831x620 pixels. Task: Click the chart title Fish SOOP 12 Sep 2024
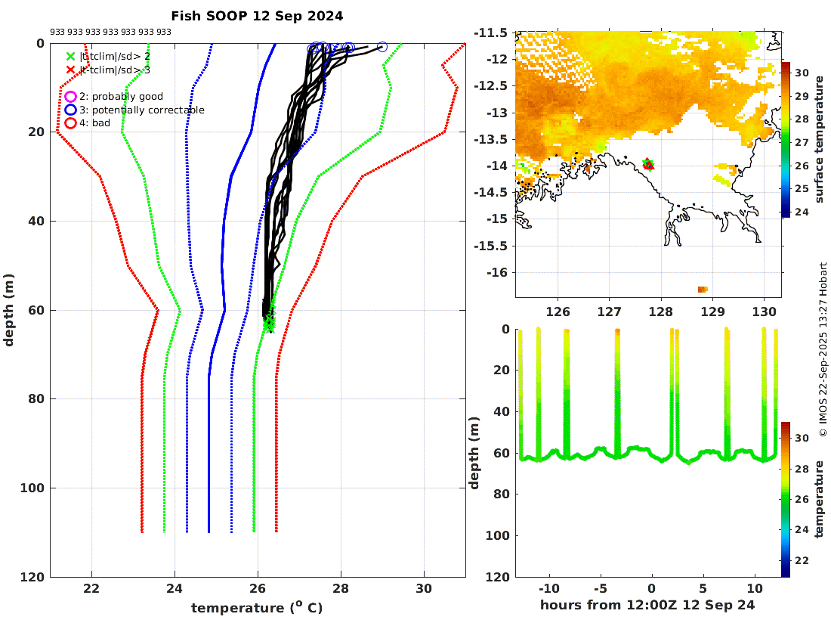pos(257,16)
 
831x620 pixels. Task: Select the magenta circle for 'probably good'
pos(70,97)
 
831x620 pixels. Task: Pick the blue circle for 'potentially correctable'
pos(70,110)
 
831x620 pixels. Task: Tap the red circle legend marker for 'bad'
pos(70,122)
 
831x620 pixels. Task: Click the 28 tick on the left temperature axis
pos(341,589)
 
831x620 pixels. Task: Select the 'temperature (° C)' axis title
pos(257,608)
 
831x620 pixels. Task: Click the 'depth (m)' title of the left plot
pos(9,310)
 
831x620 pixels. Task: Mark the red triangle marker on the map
pos(648,165)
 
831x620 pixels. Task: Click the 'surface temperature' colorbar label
pos(820,140)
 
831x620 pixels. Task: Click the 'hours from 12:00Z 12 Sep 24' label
pos(647,605)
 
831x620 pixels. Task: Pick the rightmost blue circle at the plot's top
pos(382,47)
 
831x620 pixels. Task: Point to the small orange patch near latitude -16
pos(703,289)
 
